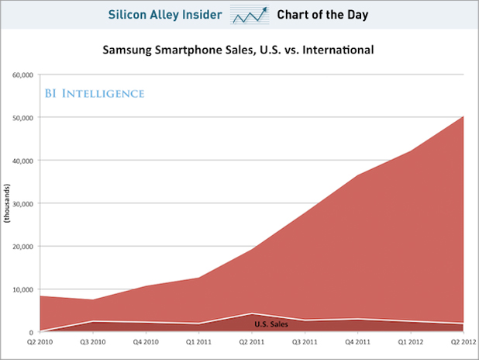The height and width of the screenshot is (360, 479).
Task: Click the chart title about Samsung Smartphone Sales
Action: tap(239, 50)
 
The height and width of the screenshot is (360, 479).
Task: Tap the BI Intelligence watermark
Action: tap(93, 93)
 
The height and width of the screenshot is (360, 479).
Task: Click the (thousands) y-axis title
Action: tap(8, 203)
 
